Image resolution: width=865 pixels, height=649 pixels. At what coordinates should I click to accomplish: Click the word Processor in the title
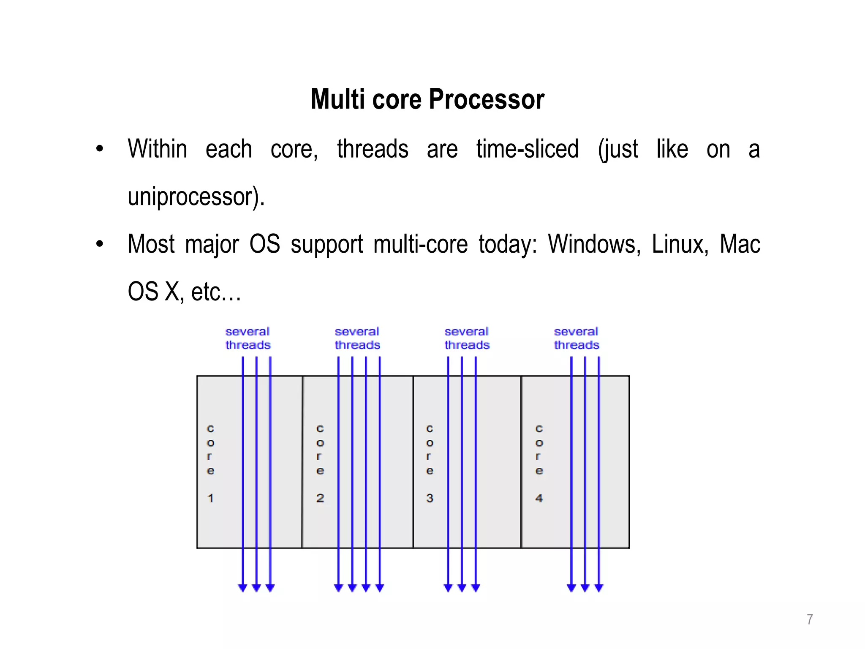486,100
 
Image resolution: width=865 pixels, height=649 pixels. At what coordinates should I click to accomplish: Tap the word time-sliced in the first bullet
527,149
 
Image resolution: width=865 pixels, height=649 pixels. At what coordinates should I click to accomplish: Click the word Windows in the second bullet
594,244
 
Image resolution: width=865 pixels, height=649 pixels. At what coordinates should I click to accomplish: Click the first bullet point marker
100,149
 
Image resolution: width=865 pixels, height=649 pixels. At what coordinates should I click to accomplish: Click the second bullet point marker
100,244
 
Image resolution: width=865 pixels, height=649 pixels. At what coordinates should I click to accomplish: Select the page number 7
809,619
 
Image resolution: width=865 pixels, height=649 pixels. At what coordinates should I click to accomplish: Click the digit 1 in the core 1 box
210,498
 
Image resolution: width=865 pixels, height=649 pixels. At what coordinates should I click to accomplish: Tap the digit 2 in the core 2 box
320,498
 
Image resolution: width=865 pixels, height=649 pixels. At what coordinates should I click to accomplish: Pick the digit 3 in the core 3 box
430,498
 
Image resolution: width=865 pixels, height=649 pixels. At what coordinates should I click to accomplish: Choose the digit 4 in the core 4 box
539,498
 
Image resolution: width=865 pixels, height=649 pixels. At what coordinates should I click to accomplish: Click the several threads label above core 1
248,338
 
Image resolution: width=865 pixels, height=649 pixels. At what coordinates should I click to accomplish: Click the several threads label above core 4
577,338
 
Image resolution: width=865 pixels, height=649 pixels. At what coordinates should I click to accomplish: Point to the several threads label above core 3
467,338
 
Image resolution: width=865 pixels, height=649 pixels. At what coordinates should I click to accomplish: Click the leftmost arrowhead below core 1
242,588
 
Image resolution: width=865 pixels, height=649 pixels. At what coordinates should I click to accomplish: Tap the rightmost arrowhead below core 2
380,588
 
